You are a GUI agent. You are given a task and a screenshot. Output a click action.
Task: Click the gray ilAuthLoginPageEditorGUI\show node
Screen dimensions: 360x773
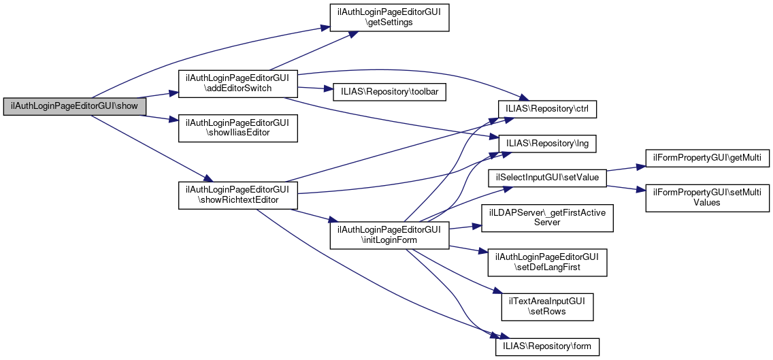(74, 106)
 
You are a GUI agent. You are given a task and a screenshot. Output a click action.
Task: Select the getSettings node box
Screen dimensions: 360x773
(389, 16)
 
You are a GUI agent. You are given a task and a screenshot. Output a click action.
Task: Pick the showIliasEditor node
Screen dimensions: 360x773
(237, 127)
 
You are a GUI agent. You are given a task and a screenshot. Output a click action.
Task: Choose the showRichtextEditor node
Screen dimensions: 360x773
(237, 195)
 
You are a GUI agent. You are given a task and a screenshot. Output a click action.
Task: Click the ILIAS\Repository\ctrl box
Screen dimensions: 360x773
(548, 108)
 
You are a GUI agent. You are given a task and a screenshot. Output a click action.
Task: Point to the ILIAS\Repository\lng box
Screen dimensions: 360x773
(548, 144)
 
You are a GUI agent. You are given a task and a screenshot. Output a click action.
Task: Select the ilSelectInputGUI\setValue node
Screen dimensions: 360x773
(547, 178)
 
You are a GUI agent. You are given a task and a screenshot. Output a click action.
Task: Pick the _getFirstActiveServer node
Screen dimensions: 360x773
(548, 217)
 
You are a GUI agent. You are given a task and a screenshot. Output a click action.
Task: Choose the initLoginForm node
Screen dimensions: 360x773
(389, 235)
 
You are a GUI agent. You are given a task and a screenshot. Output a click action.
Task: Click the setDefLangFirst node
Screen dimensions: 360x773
(548, 262)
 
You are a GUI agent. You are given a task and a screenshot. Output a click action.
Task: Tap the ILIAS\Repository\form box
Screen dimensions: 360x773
(547, 346)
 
